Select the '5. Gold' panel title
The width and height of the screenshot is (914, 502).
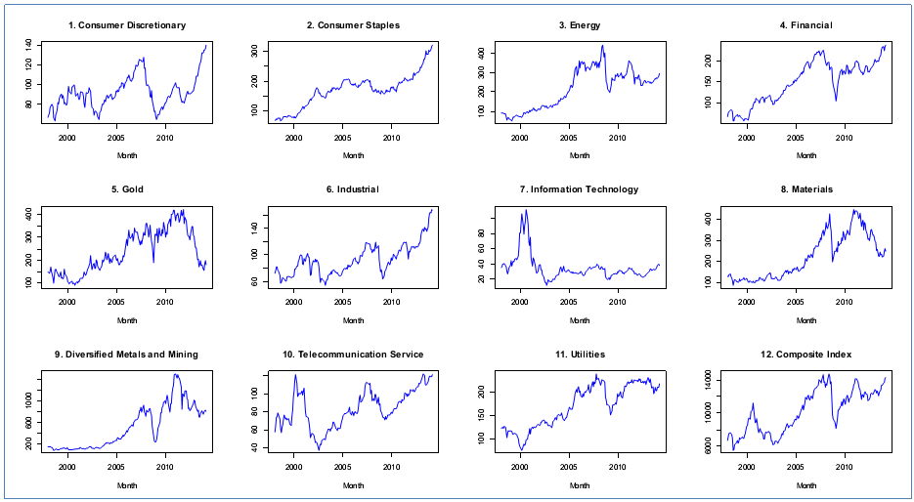(127, 189)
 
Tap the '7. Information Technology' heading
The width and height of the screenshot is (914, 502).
(580, 189)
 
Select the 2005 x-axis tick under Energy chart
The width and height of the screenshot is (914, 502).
(568, 138)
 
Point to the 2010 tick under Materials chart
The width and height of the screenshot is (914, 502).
(844, 302)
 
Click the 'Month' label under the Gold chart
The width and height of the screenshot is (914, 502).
(127, 320)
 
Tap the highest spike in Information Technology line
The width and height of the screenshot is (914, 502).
(525, 209)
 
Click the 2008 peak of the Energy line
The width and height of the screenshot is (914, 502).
(602, 45)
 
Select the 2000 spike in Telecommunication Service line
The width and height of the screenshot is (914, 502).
(294, 374)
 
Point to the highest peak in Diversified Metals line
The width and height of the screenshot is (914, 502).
(175, 374)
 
